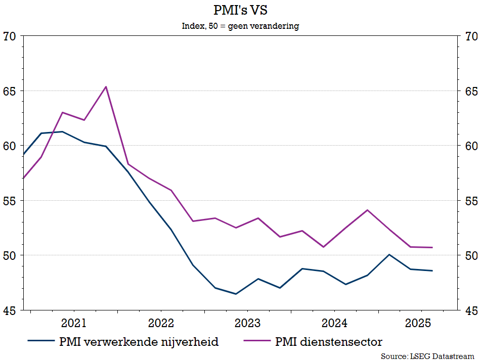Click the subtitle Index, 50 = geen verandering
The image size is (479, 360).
(x=240, y=26)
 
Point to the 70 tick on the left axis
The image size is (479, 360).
(x=10, y=36)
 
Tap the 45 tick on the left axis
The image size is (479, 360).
(x=10, y=310)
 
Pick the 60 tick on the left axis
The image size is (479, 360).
(x=10, y=146)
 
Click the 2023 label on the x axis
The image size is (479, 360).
(x=247, y=323)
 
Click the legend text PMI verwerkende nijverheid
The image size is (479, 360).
(x=139, y=342)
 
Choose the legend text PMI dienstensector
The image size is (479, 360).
(x=329, y=342)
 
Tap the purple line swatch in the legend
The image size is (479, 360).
(x=257, y=342)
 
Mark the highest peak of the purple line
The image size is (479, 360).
(x=106, y=86)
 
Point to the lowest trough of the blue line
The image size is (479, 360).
(x=236, y=294)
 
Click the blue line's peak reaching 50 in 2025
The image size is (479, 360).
(x=389, y=254)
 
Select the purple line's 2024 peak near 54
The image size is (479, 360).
(x=367, y=210)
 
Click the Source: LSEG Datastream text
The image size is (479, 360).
(x=427, y=356)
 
